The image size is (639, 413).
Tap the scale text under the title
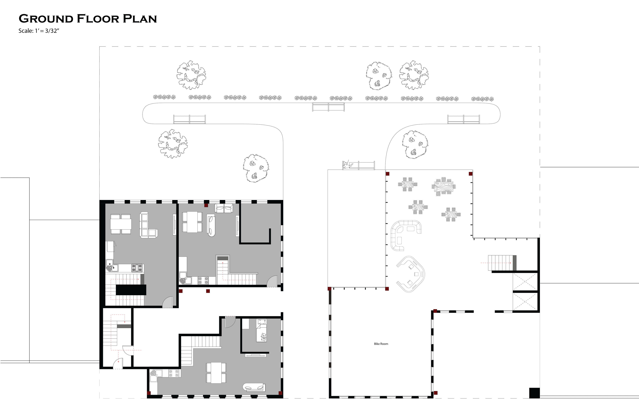(x=39, y=31)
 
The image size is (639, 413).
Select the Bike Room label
(x=381, y=344)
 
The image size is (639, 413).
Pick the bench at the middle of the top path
(x=328, y=107)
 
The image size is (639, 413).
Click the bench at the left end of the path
(x=189, y=119)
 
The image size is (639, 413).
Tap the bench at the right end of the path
(x=463, y=119)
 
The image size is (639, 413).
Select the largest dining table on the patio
(x=443, y=186)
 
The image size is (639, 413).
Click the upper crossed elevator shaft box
(x=525, y=282)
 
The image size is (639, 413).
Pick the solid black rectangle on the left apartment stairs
(x=131, y=290)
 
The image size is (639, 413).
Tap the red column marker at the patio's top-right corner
(x=470, y=174)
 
